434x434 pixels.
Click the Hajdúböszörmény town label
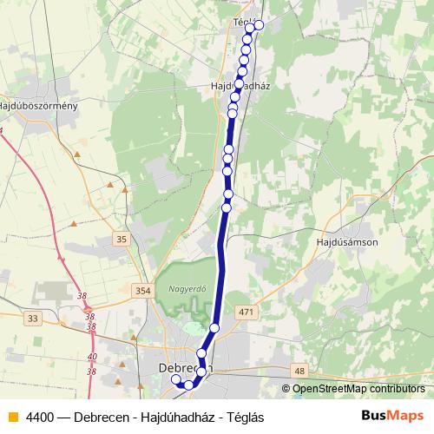click(39, 107)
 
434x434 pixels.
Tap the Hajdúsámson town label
click(348, 243)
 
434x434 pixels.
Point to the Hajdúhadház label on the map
click(241, 87)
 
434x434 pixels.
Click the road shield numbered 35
click(121, 238)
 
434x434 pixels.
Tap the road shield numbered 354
click(143, 291)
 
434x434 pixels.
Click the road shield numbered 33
click(33, 319)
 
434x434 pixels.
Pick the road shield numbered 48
click(299, 371)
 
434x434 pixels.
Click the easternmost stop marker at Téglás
click(259, 24)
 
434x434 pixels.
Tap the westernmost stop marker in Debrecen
click(176, 379)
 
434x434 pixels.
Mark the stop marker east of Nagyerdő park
click(215, 327)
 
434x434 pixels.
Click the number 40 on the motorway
click(93, 356)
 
